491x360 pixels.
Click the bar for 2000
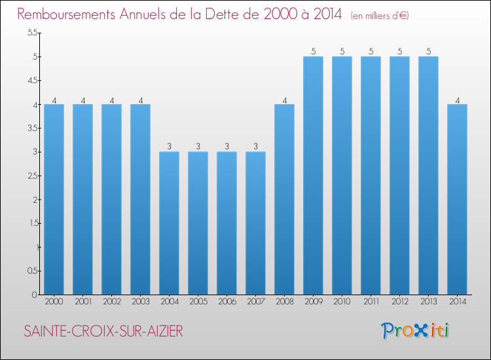coord(54,199)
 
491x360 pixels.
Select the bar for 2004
coord(169,223)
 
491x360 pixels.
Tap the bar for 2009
coord(313,175)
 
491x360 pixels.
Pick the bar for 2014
coord(457,199)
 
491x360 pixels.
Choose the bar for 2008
coord(284,199)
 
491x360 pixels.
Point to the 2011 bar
coord(371,175)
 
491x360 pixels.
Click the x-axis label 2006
coord(227,302)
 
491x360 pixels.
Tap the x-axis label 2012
coord(399,302)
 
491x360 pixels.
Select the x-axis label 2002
coord(111,302)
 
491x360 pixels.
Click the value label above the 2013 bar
coord(428,52)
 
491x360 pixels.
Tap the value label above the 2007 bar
coord(255,147)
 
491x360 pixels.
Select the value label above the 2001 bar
coord(82,99)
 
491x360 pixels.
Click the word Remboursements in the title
coord(72,14)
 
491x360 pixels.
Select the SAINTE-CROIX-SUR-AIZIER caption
coord(103,332)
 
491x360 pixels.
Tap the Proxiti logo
coord(416,331)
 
